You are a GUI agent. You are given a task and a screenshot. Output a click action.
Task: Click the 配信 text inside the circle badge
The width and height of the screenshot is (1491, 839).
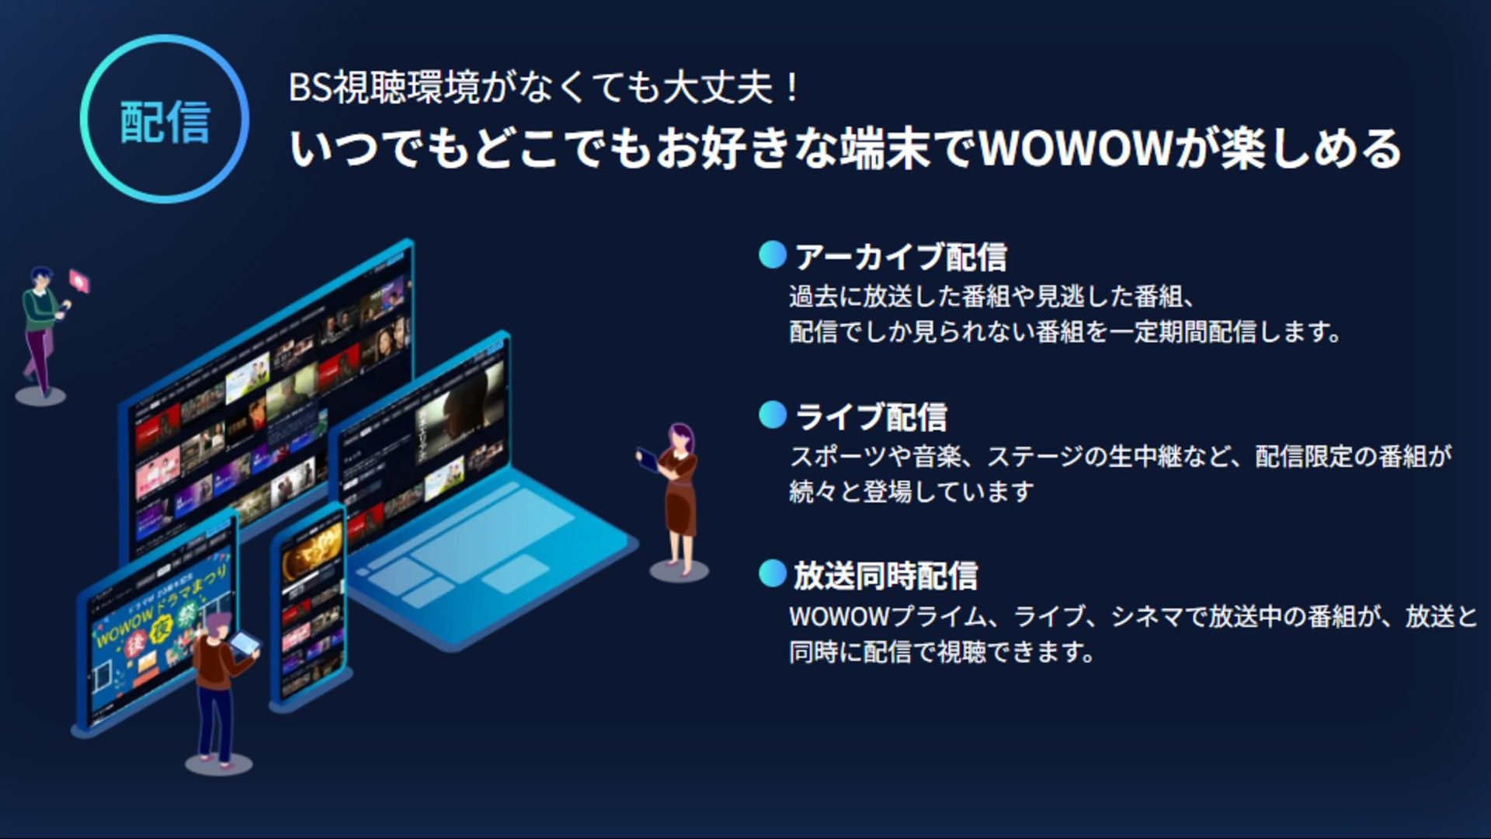point(165,122)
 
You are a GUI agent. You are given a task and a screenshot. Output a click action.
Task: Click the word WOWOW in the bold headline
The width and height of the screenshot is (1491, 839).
point(1075,148)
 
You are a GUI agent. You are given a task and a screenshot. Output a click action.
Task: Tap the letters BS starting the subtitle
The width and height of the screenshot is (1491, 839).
point(310,87)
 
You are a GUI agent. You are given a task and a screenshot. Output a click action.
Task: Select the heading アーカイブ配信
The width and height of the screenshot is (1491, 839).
point(901,257)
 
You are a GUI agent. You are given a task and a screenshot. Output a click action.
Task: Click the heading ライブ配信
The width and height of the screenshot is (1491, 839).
point(871,417)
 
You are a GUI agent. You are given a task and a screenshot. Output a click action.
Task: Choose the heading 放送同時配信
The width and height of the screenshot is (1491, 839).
point(885,576)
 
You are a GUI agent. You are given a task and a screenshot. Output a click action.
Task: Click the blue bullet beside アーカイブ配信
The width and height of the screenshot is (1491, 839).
point(773,255)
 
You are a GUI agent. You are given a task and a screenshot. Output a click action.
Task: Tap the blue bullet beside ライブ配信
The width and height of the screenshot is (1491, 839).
point(773,415)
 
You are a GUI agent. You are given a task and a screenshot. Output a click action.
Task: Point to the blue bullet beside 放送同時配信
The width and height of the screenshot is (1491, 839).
point(773,574)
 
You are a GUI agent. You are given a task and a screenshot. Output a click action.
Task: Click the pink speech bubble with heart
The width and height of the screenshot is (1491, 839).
point(79,280)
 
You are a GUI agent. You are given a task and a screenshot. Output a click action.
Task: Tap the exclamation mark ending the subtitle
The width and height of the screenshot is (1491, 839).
point(791,87)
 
